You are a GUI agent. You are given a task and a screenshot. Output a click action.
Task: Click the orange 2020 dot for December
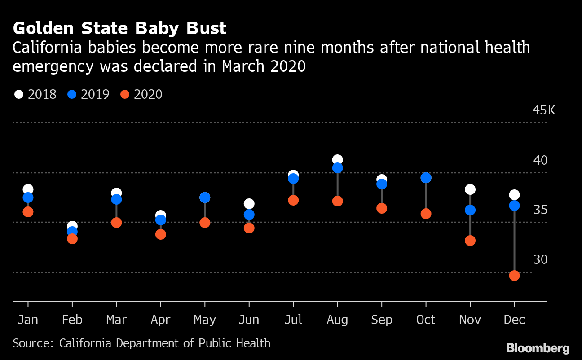coord(514,276)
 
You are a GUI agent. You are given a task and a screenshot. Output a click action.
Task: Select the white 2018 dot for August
coord(337,160)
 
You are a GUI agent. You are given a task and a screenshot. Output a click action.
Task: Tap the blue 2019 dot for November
coord(470,210)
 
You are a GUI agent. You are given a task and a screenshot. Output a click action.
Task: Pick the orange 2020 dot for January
coord(28,212)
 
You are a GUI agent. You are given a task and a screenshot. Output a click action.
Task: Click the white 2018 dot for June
coord(249,204)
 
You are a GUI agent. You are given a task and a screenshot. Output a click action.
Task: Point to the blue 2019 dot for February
coord(72,232)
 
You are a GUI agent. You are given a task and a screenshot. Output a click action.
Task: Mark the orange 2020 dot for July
coord(293,200)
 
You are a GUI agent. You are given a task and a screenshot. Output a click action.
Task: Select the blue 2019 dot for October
coord(426,178)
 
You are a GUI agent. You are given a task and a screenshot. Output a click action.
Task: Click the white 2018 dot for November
coord(470,189)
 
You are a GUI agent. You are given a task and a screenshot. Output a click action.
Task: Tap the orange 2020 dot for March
coord(116,223)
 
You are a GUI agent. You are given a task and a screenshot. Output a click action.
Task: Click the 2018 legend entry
coord(35,94)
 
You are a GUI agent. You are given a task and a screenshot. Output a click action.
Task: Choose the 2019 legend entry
coord(88,94)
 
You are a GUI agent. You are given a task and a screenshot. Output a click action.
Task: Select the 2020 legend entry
coord(141,94)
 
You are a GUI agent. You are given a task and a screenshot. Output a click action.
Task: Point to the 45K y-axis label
coord(543,110)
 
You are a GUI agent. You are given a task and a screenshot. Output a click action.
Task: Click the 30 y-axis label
coord(540,260)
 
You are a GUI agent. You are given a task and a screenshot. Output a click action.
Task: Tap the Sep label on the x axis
coord(382,320)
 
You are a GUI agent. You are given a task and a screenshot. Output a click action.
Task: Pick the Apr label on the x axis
coord(160,320)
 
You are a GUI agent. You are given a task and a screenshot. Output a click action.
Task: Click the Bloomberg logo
coord(538,348)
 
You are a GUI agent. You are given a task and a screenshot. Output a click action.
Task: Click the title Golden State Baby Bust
coord(119,29)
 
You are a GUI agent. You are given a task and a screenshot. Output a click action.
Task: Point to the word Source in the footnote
coord(32,343)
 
